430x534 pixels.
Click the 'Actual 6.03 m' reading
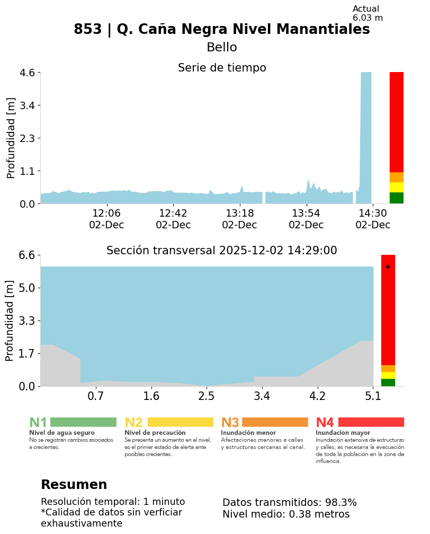[x=368, y=13]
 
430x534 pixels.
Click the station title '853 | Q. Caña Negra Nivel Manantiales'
[x=221, y=30]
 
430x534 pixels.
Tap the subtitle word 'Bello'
[x=221, y=48]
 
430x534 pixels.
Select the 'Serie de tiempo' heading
[x=221, y=68]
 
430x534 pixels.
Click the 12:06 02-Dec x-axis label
[x=106, y=219]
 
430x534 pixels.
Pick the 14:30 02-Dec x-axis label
[x=373, y=219]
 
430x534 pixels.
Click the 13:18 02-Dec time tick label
[x=239, y=219]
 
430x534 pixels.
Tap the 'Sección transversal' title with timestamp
[x=221, y=251]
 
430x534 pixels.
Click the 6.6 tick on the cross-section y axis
[x=27, y=255]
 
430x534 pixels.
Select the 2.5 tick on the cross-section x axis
[x=207, y=396]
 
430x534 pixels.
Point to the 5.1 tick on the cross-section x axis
[x=373, y=396]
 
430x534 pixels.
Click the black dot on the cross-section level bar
[x=388, y=266]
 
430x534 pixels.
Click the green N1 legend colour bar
[x=83, y=422]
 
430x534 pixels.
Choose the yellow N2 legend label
[x=133, y=423]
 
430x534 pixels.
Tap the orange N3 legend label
[x=230, y=423]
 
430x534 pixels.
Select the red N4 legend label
[x=325, y=423]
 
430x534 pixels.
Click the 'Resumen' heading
[x=74, y=485]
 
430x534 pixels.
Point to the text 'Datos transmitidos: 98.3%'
[x=289, y=503]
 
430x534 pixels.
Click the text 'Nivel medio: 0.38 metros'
[x=286, y=514]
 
